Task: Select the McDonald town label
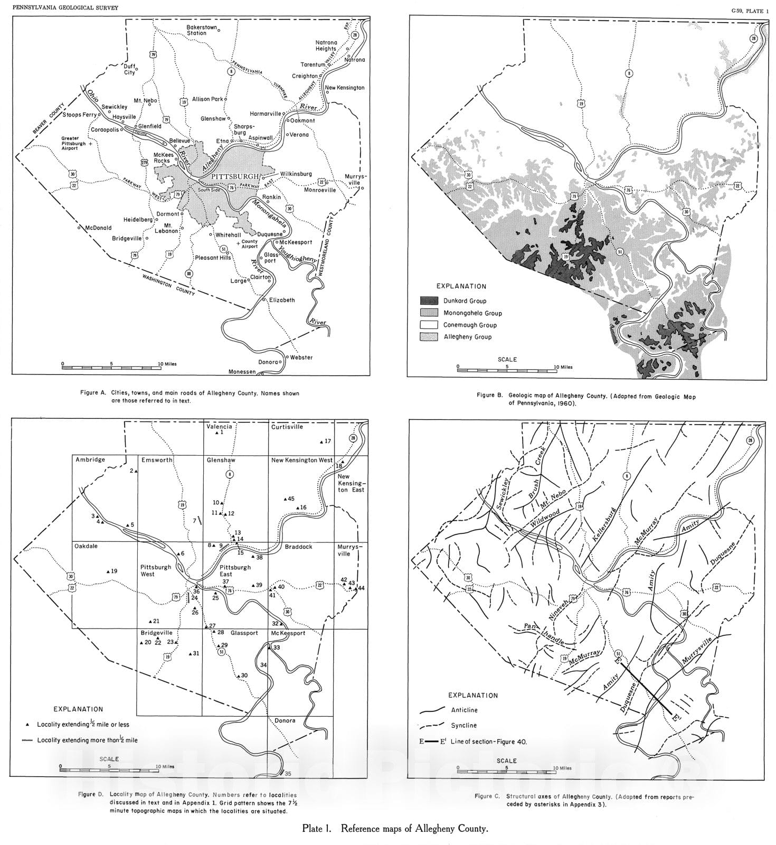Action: point(99,228)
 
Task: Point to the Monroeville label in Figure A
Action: point(319,190)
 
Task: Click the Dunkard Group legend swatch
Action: point(429,301)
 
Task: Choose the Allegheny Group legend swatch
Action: point(429,337)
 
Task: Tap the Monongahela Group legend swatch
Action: point(429,313)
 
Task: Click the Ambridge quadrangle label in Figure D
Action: point(90,460)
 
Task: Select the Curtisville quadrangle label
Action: point(287,427)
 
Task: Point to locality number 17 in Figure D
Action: point(327,441)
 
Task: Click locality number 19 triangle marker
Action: point(108,571)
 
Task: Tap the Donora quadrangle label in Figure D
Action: point(285,720)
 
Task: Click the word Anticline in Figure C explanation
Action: point(464,710)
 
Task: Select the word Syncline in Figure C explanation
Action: point(463,726)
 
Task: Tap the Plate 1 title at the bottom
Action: point(394,829)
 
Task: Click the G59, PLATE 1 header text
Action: point(750,10)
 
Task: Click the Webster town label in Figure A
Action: point(301,358)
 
